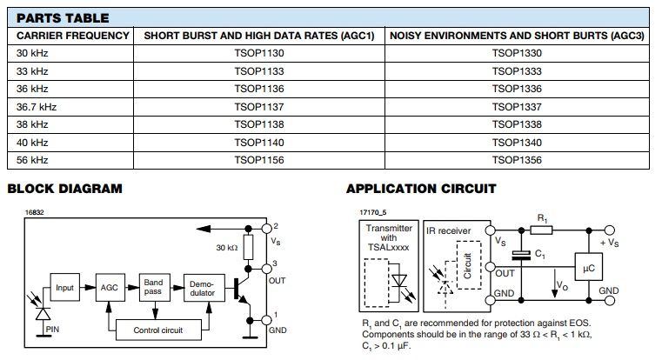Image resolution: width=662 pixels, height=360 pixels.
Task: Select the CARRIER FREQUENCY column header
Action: (x=73, y=36)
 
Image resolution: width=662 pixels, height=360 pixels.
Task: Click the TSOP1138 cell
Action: (x=258, y=124)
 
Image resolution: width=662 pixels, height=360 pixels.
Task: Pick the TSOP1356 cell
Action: (x=517, y=160)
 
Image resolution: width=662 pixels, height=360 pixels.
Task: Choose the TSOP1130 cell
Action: (x=258, y=53)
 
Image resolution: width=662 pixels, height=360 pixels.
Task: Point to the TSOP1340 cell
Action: (x=517, y=143)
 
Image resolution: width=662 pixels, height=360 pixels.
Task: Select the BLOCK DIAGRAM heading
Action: (x=64, y=189)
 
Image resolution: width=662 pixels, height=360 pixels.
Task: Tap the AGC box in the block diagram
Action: (x=110, y=287)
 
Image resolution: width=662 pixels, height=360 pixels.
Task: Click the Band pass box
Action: (x=152, y=287)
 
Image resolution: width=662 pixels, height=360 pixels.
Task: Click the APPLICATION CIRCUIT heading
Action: (x=421, y=189)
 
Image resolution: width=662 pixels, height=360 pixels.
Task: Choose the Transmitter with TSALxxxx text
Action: (x=389, y=237)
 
